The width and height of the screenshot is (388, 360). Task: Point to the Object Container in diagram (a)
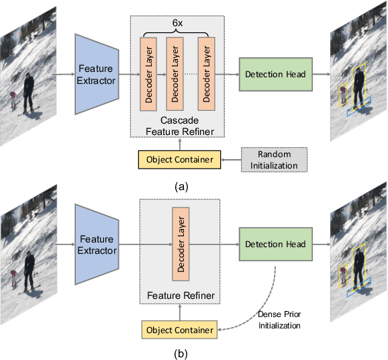pyautogui.click(x=179, y=160)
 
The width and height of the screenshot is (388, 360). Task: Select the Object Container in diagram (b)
pyautogui.click(x=179, y=330)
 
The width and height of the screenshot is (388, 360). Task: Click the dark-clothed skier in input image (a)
pyautogui.click(x=28, y=92)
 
